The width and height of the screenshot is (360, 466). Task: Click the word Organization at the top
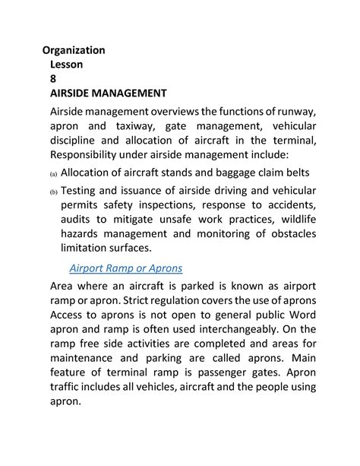coord(74,50)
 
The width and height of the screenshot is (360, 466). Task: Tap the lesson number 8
coord(53,79)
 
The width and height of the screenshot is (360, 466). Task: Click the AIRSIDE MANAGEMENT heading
coord(108,94)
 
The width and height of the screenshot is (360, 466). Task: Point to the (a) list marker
coord(54,174)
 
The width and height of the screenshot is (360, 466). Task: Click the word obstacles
coord(287,233)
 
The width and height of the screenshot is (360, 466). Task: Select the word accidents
coord(288,204)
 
